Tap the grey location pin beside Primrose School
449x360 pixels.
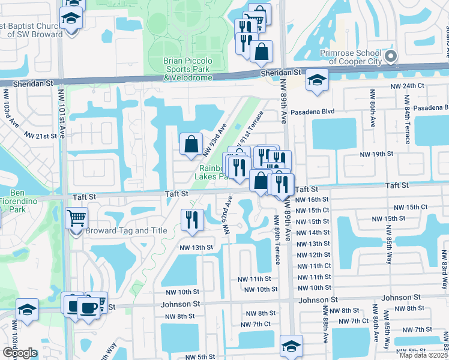[x=391, y=58]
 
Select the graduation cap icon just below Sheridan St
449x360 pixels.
[x=316, y=80]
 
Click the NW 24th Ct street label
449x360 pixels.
[x=406, y=86]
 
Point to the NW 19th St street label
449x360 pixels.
[x=376, y=154]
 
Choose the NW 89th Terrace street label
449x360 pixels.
[x=277, y=239]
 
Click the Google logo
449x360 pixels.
[x=20, y=353]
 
